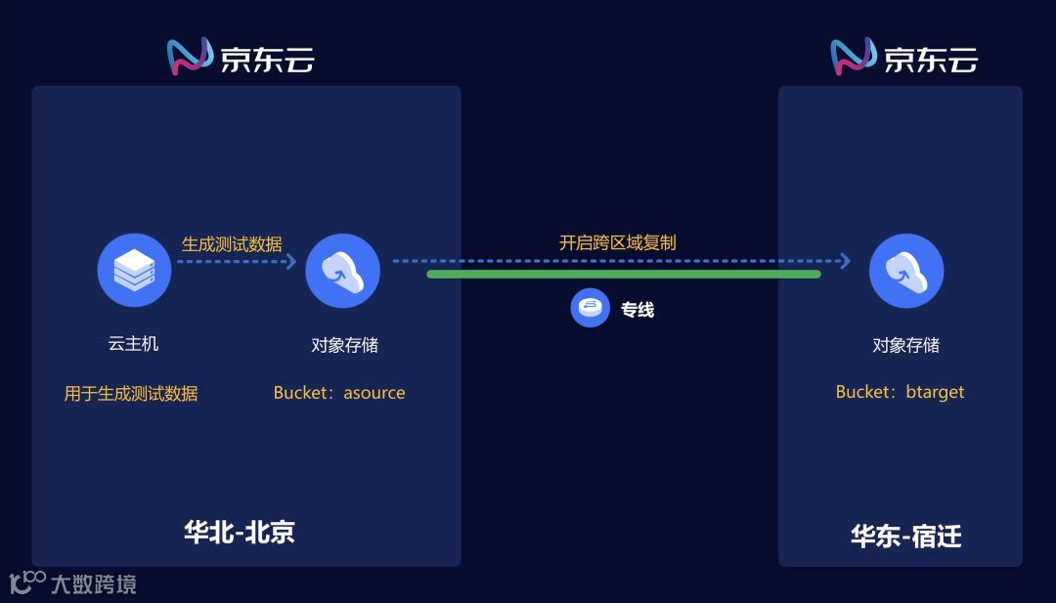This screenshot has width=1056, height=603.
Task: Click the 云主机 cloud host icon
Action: click(x=134, y=270)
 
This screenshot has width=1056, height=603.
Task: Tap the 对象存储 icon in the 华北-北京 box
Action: click(x=342, y=270)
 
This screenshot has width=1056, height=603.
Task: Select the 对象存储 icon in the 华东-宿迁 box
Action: click(x=905, y=270)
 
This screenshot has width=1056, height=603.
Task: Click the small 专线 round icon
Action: click(x=590, y=309)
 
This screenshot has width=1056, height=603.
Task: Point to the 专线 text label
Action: click(x=638, y=310)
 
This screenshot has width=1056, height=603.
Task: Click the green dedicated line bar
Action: click(x=623, y=275)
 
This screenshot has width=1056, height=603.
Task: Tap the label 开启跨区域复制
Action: click(x=617, y=242)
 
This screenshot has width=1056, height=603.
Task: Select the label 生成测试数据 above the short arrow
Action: click(x=232, y=243)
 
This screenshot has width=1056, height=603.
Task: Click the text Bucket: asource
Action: click(x=339, y=393)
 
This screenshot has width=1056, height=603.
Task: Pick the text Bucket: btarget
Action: click(x=900, y=392)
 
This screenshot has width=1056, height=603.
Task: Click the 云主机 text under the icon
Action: click(x=133, y=344)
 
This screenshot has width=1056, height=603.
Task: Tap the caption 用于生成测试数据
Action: click(x=131, y=394)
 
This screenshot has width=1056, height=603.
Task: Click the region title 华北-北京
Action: click(x=240, y=532)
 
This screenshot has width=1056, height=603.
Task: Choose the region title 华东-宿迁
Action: click(x=905, y=537)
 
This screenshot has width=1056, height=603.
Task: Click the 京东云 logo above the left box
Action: click(x=241, y=58)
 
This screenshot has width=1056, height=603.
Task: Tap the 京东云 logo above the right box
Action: click(x=903, y=58)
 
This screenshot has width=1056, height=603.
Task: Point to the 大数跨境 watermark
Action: click(x=73, y=584)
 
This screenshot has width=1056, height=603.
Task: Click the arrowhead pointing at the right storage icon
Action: click(x=845, y=261)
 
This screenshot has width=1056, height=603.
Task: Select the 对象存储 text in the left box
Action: click(x=344, y=345)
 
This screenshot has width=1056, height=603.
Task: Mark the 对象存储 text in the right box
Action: click(x=905, y=345)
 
